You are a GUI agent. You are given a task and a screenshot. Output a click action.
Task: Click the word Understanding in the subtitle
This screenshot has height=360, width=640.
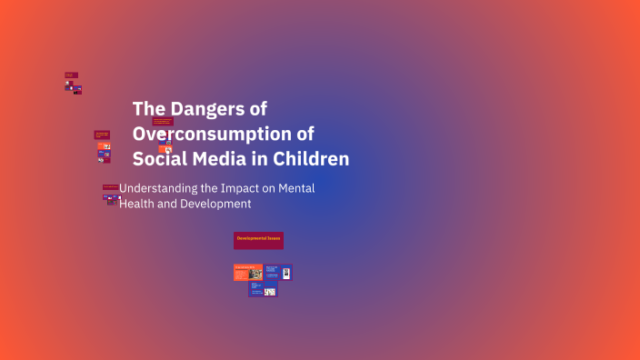[x=157, y=188]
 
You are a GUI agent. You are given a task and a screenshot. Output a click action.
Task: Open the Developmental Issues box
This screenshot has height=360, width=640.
[x=258, y=239]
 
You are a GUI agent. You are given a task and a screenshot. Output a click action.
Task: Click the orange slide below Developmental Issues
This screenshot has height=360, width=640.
[x=248, y=272]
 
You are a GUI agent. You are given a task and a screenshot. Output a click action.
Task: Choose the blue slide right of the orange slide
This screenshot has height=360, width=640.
[x=278, y=272]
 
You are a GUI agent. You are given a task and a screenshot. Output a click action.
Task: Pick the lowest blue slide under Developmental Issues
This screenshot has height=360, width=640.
[x=263, y=290]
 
